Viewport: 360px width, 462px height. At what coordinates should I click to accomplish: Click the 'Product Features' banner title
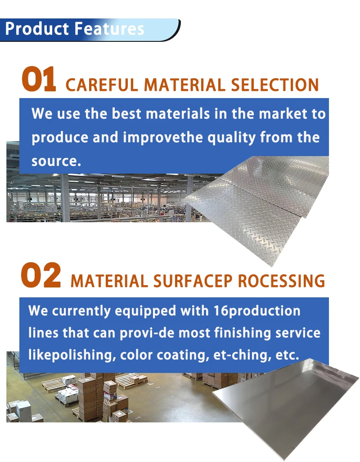(x=75, y=29)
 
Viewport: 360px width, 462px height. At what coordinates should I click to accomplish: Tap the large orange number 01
(x=39, y=80)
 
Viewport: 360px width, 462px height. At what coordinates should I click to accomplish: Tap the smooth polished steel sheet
(x=288, y=405)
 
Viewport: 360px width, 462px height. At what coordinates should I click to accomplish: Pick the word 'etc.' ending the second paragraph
(x=288, y=355)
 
